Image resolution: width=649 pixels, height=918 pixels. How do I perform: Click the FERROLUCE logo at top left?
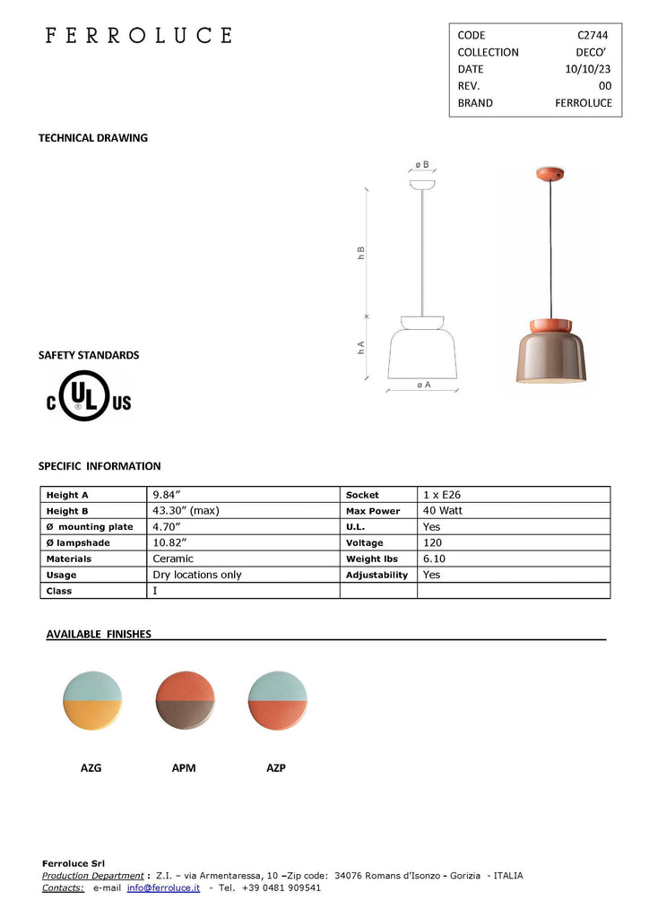point(139,36)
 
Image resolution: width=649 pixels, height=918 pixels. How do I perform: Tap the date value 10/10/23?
point(588,69)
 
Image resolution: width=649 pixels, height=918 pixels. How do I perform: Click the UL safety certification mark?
point(90,396)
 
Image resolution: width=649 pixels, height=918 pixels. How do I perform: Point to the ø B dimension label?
point(421,165)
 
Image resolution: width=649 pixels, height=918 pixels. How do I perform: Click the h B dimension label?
point(360,253)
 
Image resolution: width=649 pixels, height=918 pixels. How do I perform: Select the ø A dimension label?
point(423,385)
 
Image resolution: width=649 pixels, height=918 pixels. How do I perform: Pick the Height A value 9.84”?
point(168,495)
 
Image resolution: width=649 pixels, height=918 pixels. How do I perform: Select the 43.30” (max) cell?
point(186,511)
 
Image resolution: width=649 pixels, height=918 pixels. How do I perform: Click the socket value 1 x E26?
point(442,495)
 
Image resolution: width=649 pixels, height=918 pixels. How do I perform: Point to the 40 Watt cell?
point(443,511)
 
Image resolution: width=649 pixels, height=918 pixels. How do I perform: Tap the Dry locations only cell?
point(197,575)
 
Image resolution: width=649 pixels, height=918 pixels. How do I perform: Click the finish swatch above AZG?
point(92,701)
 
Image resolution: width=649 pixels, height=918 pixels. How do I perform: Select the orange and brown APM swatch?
point(185,701)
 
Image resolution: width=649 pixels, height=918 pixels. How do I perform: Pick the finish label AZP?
point(276,768)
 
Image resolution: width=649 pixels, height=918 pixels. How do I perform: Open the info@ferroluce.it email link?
point(163,888)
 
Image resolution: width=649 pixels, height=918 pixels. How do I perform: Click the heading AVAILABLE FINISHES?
point(99,634)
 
